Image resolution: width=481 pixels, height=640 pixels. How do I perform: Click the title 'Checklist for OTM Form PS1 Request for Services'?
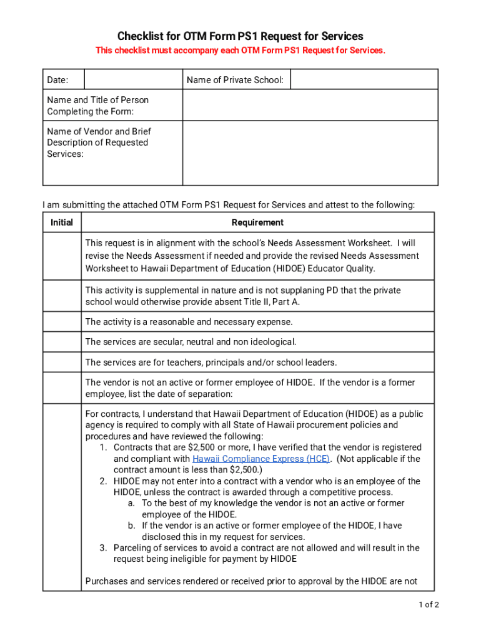(241, 36)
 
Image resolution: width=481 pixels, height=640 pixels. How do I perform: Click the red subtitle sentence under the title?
(241, 50)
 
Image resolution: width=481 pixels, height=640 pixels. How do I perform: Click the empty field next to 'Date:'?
(132, 79)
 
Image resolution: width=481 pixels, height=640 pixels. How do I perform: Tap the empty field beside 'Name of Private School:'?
(364, 79)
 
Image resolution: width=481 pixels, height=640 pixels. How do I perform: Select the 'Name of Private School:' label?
(235, 79)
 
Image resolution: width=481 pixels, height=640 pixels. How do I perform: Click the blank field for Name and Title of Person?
(310, 105)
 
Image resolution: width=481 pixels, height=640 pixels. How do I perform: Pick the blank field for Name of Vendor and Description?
(310, 153)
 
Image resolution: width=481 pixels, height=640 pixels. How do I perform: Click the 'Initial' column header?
(62, 222)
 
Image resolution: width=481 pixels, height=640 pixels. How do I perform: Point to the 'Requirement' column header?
(257, 222)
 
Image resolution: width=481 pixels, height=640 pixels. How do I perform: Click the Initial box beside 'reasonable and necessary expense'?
(62, 322)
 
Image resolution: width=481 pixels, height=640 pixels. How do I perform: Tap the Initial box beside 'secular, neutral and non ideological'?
(62, 342)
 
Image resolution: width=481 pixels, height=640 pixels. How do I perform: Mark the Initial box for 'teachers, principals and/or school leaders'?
(62, 362)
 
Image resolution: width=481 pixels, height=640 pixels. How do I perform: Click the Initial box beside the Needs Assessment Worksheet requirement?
(62, 256)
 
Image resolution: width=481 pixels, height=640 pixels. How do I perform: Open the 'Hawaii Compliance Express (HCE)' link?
(261, 459)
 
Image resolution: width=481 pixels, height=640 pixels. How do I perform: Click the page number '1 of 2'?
(429, 604)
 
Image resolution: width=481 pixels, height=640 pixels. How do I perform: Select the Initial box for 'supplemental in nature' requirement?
(62, 296)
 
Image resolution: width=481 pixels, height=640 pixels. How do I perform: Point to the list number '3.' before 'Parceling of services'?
(104, 548)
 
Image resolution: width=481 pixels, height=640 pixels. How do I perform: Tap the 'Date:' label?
(57, 79)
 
